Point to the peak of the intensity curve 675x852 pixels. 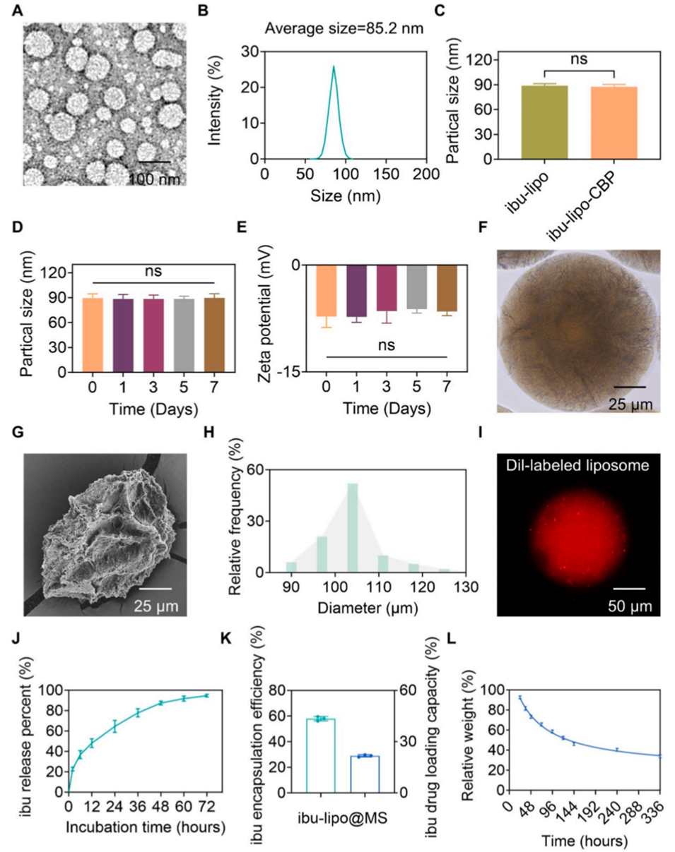click(x=334, y=67)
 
